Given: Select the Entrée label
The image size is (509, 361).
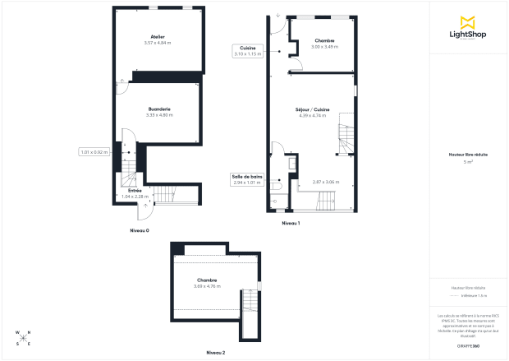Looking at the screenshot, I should [x=135, y=190].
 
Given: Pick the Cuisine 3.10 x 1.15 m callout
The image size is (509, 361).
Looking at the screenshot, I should [x=247, y=51].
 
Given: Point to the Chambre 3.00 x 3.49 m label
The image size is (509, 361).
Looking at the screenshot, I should [x=325, y=40].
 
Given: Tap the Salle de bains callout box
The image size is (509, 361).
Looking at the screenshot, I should [x=247, y=179].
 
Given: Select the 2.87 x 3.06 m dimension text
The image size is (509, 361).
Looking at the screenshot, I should [x=326, y=182].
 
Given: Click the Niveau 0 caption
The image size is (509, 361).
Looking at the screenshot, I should [x=139, y=230].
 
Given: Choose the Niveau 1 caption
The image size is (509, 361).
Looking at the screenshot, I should [x=291, y=223].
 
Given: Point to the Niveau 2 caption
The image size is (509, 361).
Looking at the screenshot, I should [x=216, y=351].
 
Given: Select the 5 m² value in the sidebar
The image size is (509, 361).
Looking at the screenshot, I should [x=468, y=162].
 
